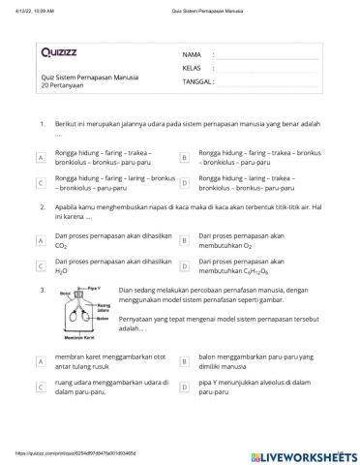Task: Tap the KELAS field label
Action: coord(192,69)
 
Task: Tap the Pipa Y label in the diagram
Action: coord(94,290)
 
